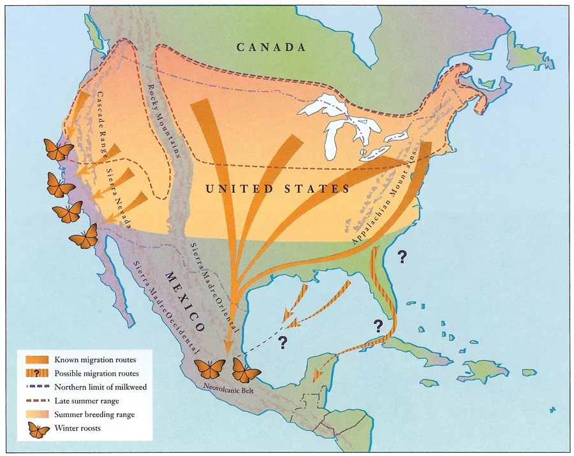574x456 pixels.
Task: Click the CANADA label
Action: pos(271,47)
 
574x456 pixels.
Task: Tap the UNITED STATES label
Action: pos(277,189)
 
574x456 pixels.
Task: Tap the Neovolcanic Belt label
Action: pos(220,386)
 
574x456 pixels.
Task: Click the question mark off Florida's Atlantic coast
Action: pos(402,257)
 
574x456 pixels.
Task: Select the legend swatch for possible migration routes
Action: pos(39,373)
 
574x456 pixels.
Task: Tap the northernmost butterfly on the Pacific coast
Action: pos(58,149)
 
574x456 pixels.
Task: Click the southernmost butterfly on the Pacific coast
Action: pos(84,238)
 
